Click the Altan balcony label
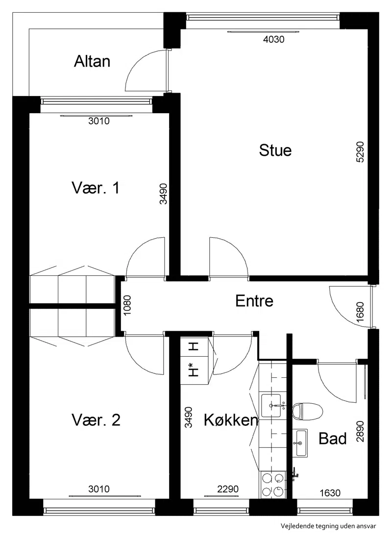coord(92,61)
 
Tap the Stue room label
coord(275,150)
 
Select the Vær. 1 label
coord(96,188)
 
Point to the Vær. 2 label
coord(96,420)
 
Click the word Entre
coord(254,301)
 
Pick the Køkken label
coord(231,420)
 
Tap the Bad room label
coord(332,439)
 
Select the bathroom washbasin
coord(300,443)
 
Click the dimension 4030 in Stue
coord(274,40)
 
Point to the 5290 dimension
coord(360,152)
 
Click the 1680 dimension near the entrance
coord(360,312)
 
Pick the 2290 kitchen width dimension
coord(228,489)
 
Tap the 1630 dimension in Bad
coord(330,493)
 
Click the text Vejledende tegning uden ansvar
coord(328,526)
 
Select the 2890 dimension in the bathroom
coord(360,432)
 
